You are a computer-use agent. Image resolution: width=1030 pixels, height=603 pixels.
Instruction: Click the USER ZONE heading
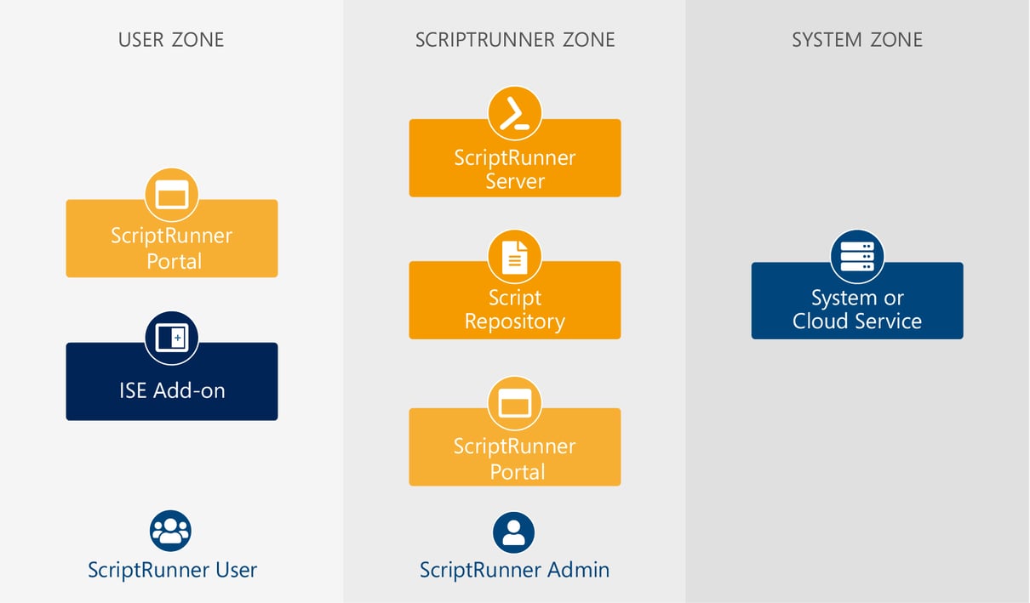(171, 39)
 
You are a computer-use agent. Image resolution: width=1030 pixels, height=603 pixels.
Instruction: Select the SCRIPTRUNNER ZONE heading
(514, 39)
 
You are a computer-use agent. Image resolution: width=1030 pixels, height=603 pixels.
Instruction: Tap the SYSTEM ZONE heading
(856, 39)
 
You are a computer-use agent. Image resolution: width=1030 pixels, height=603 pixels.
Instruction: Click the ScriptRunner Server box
(514, 168)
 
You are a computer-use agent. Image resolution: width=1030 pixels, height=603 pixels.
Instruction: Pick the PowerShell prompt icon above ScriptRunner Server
(514, 114)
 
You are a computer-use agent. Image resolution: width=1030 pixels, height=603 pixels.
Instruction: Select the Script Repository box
(514, 310)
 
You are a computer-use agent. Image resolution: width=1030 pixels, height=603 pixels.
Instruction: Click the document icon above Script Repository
(514, 257)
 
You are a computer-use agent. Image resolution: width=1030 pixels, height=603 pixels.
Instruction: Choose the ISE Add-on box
(171, 390)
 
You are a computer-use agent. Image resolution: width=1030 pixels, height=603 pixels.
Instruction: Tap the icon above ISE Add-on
(171, 338)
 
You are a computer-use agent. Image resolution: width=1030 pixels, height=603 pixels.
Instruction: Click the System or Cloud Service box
(856, 310)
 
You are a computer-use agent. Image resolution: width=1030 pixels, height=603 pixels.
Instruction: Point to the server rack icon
(856, 256)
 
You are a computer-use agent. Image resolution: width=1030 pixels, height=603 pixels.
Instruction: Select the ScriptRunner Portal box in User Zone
(171, 247)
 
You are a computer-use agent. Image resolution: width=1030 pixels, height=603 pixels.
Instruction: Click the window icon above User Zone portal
(171, 196)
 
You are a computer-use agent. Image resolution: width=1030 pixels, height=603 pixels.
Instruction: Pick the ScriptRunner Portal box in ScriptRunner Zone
(514, 458)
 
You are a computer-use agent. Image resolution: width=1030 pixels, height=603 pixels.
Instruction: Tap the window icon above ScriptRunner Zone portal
(514, 404)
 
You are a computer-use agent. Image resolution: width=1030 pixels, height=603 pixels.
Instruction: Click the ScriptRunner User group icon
(170, 532)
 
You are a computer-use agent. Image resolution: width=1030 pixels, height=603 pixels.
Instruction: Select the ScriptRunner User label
(172, 569)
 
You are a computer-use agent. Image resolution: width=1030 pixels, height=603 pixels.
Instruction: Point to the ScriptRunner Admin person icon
(513, 532)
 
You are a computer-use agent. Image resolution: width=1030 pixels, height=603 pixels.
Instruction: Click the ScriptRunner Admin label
(514, 569)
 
